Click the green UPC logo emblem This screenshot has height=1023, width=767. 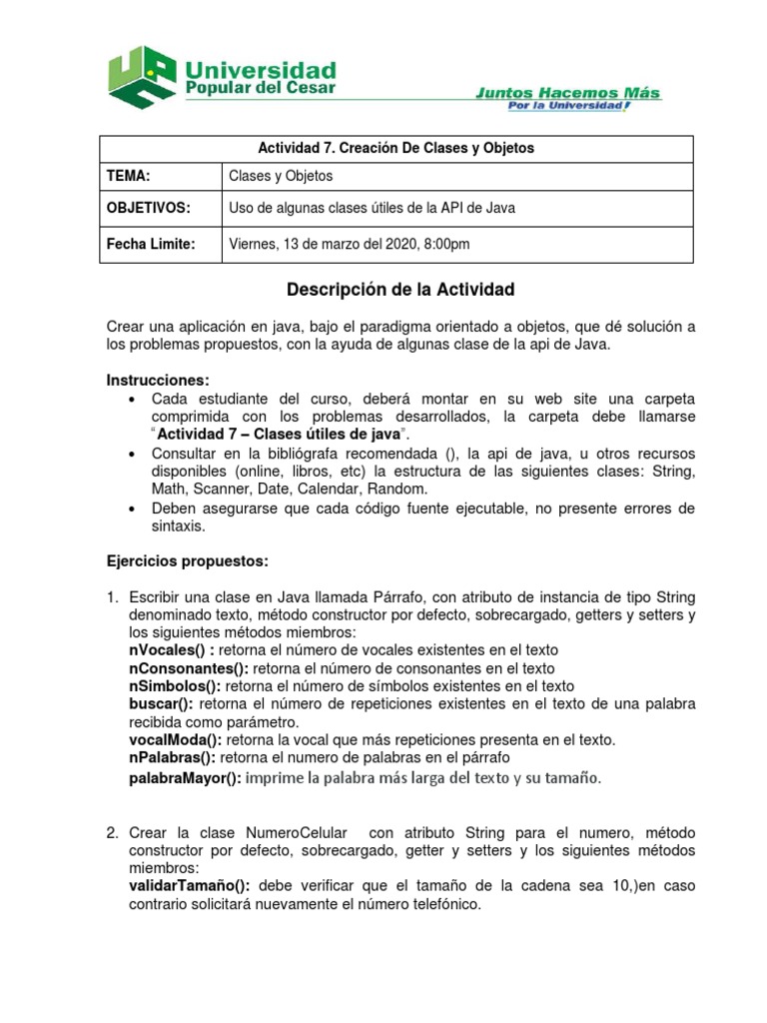142,77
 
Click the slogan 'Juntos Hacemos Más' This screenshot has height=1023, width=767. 567,92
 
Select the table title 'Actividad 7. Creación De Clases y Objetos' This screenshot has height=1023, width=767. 396,148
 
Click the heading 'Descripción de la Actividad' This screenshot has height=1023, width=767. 400,291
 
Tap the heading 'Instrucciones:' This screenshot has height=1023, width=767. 158,381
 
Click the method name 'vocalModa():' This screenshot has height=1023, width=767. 176,739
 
